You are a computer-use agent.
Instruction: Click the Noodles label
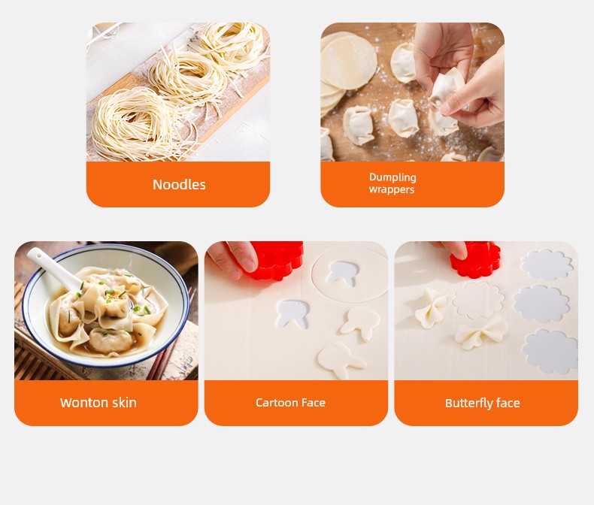[179, 185]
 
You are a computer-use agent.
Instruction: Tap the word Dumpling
[392, 177]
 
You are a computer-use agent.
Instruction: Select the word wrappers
[391, 189]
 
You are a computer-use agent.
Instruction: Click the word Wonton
[79, 402]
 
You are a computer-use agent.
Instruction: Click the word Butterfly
[469, 403]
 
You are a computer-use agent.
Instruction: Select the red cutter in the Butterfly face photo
[475, 259]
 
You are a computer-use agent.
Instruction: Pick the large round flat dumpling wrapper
[349, 62]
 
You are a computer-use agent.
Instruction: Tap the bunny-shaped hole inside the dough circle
[343, 273]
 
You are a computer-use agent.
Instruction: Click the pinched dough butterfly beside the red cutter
[430, 307]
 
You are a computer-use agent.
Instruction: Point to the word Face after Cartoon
[314, 402]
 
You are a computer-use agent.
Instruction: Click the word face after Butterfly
[508, 403]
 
